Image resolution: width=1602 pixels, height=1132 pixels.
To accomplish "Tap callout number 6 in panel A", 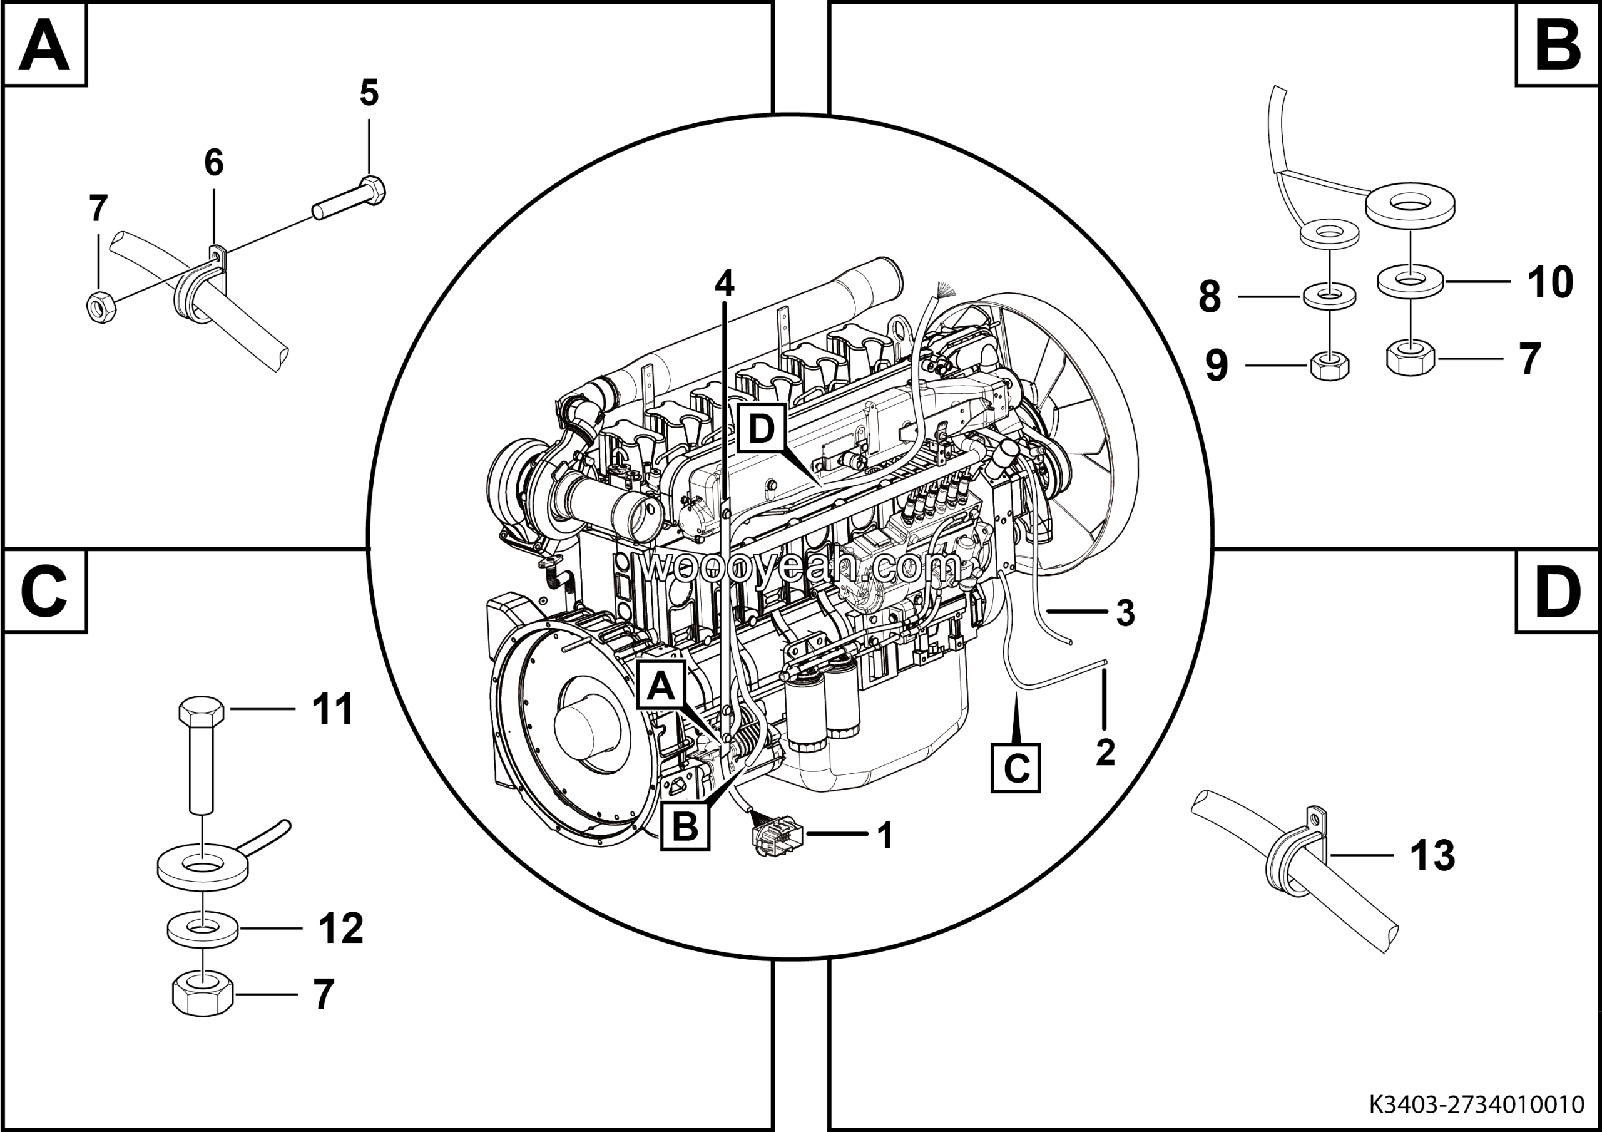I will pos(213,163).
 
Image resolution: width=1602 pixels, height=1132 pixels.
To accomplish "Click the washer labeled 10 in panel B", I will pos(1410,280).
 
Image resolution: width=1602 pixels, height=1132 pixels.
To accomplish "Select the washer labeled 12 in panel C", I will pos(202,929).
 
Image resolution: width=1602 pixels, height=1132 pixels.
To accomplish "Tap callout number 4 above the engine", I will pos(724,284).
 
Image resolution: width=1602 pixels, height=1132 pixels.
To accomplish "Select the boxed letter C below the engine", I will pos(1015,768).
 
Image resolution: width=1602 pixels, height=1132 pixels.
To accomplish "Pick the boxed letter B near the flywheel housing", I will pos(685,826).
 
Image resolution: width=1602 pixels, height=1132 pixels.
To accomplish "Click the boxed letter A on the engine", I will pos(661,686).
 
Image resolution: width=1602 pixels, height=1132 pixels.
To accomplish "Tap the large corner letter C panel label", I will pos(44,592).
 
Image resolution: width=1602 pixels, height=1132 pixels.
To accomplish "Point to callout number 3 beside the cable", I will pos(1125,613).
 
